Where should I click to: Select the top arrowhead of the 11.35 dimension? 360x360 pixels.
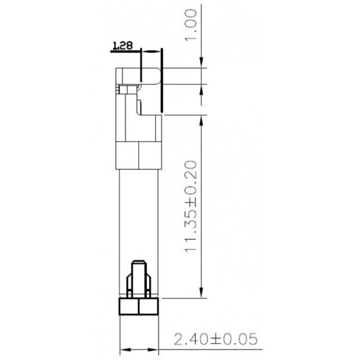pos(200,120)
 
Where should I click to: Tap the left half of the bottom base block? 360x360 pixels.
pos(129,307)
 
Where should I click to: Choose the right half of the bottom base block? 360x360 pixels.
pos(149,307)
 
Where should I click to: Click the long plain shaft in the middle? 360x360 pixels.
pos(139,215)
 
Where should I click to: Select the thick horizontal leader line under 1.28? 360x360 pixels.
pos(125,52)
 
